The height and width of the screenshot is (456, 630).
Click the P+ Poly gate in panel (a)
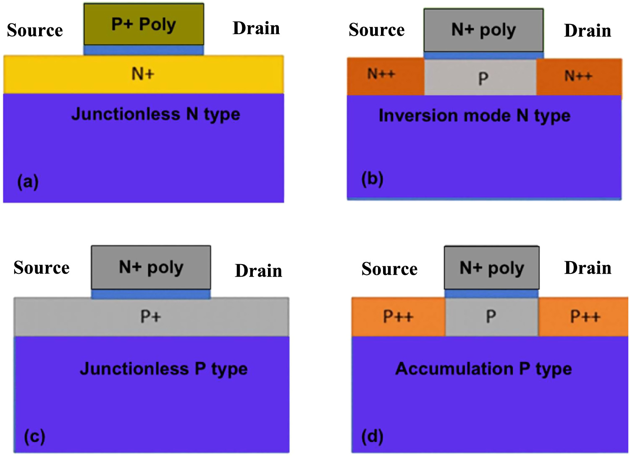point(144,24)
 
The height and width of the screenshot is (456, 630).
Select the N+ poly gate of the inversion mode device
point(483,30)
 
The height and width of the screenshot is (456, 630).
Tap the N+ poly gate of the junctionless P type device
point(151,267)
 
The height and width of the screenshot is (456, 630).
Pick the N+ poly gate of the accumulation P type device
point(491,268)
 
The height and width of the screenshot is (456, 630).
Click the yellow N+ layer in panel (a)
point(143,74)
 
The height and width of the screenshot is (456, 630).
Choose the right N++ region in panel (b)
point(579,76)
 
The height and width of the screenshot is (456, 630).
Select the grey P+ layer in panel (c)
point(150,317)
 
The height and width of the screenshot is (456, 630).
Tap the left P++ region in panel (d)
point(398,317)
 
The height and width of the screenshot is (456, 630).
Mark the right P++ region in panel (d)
point(584,317)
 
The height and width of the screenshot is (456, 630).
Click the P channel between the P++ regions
point(491,316)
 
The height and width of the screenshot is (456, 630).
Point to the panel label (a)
point(28,182)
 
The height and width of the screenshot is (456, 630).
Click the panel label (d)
point(372,437)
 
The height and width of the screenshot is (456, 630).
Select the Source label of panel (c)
point(41,268)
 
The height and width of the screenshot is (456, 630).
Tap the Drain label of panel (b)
point(587,31)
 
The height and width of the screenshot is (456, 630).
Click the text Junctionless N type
point(155,114)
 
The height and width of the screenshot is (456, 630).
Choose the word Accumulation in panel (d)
point(454,369)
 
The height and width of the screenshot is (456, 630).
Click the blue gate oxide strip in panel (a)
point(144,50)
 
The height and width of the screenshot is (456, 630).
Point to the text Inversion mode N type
point(474,115)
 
